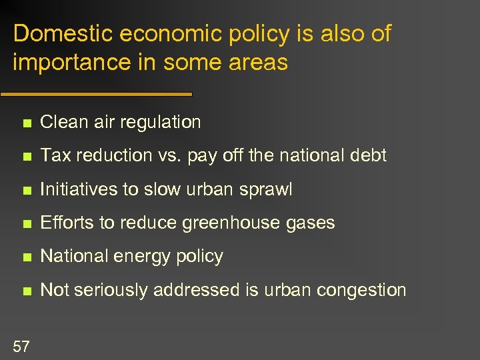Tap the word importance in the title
click(65, 63)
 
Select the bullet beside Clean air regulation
click(25, 123)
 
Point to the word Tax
click(53, 155)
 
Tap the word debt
click(369, 155)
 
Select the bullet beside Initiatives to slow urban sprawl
click(25, 190)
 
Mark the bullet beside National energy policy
click(25, 257)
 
